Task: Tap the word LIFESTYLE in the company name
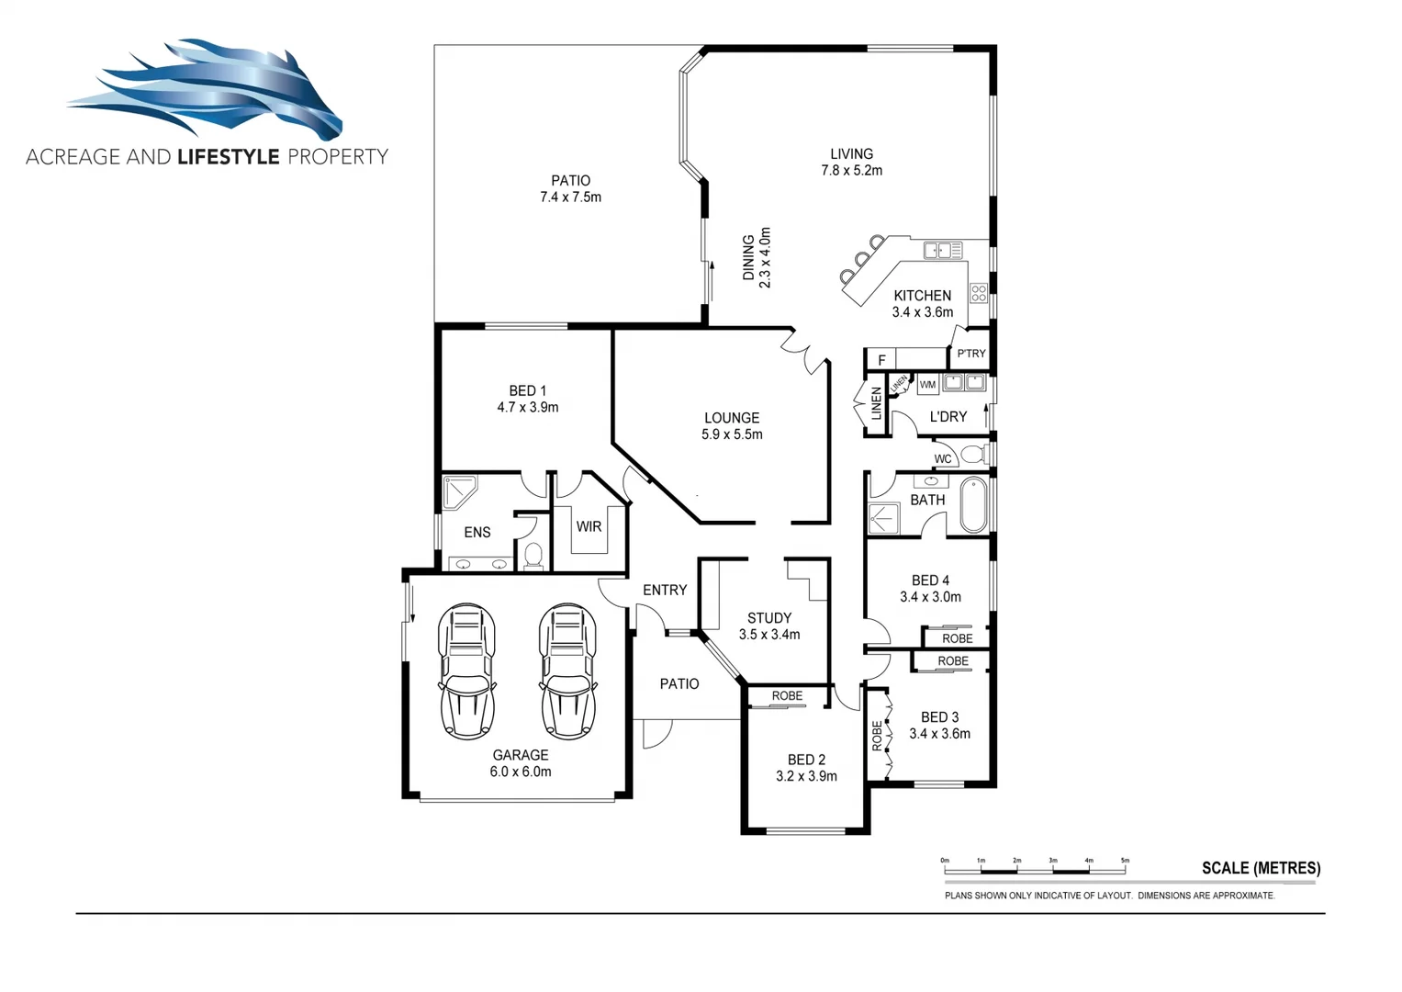(228, 157)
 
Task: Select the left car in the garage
(468, 671)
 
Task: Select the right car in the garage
(568, 671)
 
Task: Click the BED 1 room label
(527, 399)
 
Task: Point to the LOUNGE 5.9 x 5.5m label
(732, 426)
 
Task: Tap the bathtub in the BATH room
(973, 504)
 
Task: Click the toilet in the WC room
(972, 455)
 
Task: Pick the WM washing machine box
(927, 385)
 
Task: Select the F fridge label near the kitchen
(881, 360)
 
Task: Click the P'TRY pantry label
(970, 354)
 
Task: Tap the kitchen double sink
(943, 250)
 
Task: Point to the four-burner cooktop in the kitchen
(979, 293)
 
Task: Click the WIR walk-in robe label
(589, 527)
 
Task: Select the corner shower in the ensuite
(459, 491)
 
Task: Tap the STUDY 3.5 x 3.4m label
(768, 626)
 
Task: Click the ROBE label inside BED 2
(787, 696)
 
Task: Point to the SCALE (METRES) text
(1261, 868)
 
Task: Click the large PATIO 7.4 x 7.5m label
(570, 189)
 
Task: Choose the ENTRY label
(665, 591)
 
